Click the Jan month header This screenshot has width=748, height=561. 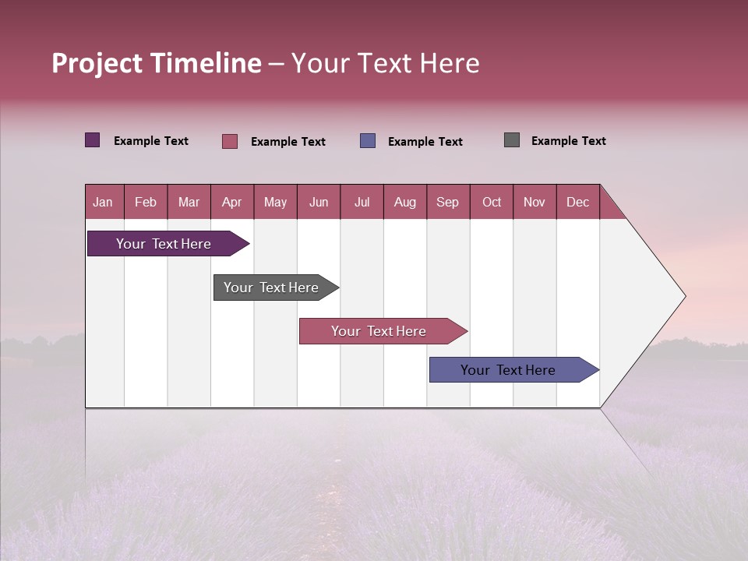click(103, 202)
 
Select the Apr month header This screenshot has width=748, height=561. click(232, 202)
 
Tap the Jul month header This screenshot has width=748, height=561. click(362, 202)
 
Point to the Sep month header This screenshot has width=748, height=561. click(447, 202)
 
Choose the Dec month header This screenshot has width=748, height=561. click(577, 202)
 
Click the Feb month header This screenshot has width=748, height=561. click(146, 202)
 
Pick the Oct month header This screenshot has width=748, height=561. click(492, 202)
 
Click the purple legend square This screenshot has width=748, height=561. click(93, 140)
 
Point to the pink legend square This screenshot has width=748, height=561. click(230, 141)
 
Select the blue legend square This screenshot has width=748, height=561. click(368, 141)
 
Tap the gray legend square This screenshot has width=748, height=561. click(512, 140)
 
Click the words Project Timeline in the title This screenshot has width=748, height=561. click(157, 63)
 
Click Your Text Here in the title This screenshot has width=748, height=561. click(386, 63)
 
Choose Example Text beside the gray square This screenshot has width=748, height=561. click(568, 141)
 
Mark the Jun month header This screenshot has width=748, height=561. click(319, 202)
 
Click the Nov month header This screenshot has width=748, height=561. click(535, 202)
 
